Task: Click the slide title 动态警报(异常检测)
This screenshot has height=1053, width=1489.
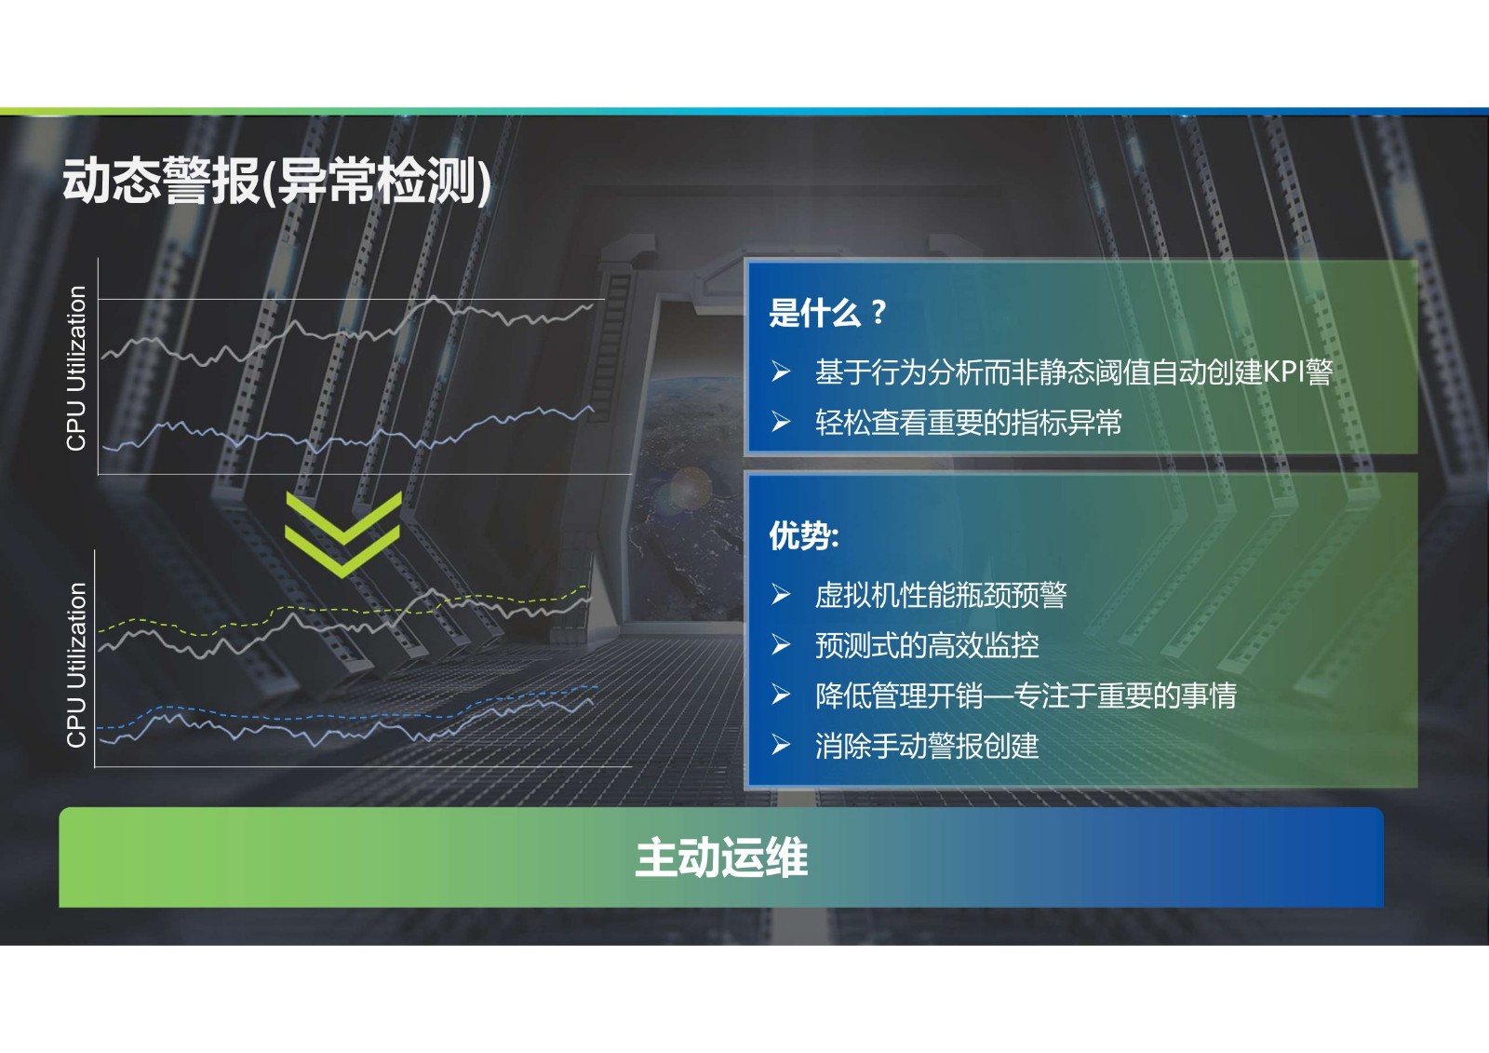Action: click(276, 182)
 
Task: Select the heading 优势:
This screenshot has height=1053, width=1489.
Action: click(804, 535)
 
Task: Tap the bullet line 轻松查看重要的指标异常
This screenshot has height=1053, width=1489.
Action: click(969, 423)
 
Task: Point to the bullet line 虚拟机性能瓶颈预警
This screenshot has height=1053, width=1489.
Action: click(941, 595)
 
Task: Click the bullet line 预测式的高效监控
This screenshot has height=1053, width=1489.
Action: click(927, 645)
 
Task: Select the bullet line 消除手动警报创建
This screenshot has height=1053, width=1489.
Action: click(927, 746)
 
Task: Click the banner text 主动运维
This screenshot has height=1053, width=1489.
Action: click(721, 857)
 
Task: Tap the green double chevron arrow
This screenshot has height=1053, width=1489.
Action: click(343, 534)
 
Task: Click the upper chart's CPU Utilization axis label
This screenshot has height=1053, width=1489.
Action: click(76, 369)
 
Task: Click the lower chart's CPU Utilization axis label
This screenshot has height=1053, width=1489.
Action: click(76, 665)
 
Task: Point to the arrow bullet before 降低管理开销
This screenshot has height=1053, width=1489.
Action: click(781, 695)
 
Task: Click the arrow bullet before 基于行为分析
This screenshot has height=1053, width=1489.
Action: click(781, 371)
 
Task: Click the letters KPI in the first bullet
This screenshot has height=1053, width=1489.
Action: click(1284, 371)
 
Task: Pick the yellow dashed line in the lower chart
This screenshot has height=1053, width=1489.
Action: click(342, 610)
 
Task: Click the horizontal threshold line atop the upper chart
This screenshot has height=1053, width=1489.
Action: click(352, 300)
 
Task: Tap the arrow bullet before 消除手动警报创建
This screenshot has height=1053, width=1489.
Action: click(781, 746)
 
